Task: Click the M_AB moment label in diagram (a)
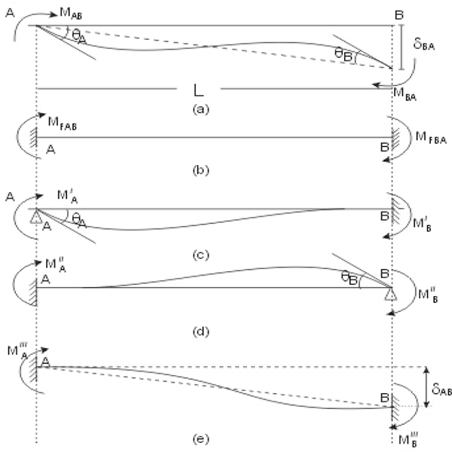pos(71,14)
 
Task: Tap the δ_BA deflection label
pos(423,44)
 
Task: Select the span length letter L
pos(199,90)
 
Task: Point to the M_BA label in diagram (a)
pos(405,94)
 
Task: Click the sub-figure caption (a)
pos(201,109)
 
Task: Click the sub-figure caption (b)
pos(201,171)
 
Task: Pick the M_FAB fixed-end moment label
pos(63,124)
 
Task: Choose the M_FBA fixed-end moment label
pos(431,138)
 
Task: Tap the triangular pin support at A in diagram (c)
pos(36,217)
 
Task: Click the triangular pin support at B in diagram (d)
pos(391,295)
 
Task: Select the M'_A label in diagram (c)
pos(68,196)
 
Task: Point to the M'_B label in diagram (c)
pos(422,224)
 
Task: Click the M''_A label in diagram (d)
pos(56,265)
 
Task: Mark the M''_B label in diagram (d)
pos(428,295)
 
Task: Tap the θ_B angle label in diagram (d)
pos(350,278)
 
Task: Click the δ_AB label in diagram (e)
pos(441,389)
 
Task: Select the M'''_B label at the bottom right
pos(408,439)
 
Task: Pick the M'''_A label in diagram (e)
pos(18,351)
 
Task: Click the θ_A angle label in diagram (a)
pos(79,37)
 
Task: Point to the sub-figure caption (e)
pos(201,439)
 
